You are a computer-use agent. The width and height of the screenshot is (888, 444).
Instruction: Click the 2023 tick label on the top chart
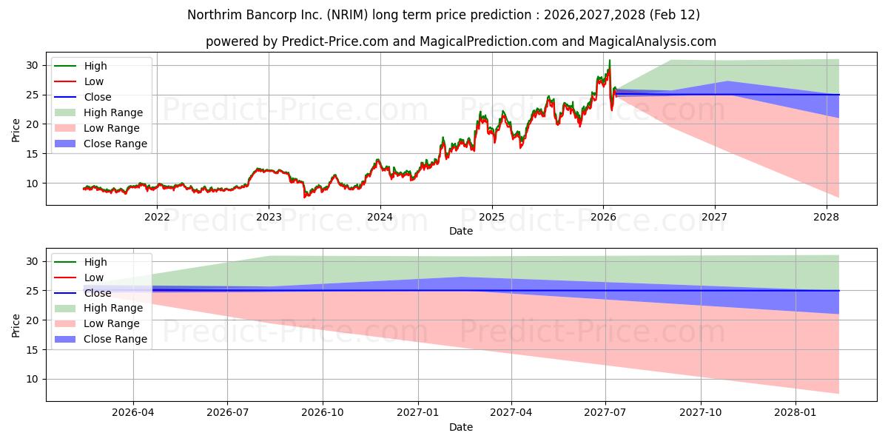[x=269, y=217]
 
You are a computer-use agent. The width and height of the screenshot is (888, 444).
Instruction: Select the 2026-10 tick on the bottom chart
[x=323, y=413]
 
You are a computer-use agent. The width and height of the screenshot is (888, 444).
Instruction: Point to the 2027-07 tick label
[x=605, y=413]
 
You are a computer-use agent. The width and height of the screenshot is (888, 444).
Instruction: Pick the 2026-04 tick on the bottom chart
[x=133, y=413]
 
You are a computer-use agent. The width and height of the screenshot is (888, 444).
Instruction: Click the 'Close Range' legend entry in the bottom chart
[x=115, y=340]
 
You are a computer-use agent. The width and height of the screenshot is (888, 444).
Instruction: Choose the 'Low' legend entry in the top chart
[x=94, y=81]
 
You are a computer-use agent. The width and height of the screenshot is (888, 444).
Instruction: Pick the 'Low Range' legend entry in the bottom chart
[x=113, y=324]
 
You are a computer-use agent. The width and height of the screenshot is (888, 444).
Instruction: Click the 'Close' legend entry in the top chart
[x=98, y=97]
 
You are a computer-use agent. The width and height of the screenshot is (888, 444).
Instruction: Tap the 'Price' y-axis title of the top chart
[x=16, y=130]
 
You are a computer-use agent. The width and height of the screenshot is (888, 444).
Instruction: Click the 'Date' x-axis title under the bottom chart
[x=460, y=427]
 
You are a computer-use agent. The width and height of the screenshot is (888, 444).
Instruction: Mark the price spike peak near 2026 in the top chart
[x=610, y=61]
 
